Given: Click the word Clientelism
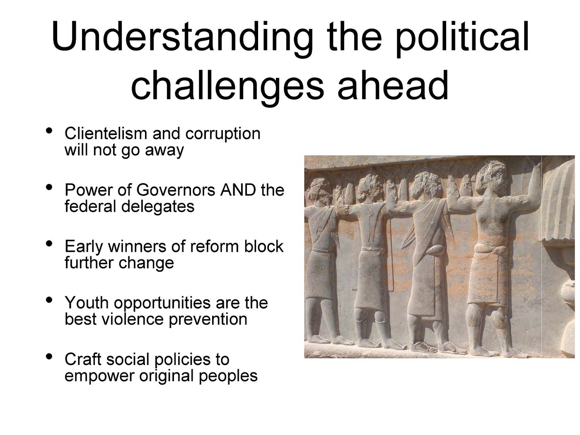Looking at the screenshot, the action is (106, 133).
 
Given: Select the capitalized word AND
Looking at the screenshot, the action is (238, 190).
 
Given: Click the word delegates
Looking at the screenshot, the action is (158, 207).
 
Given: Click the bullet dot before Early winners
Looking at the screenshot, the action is (49, 244).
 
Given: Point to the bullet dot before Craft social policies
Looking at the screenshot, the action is (49, 356).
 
